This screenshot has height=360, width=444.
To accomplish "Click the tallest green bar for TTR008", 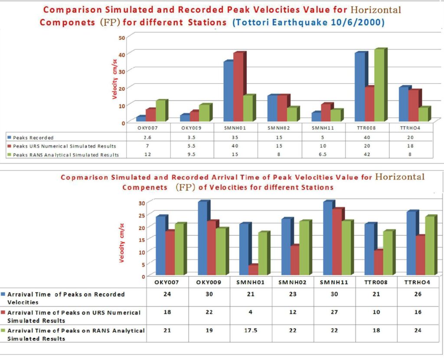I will point(379,85).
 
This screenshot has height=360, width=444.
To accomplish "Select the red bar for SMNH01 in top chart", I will point(238,86).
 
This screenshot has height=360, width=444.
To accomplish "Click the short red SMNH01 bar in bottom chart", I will point(253,269).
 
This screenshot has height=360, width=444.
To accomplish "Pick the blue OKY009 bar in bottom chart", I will point(203,238).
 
